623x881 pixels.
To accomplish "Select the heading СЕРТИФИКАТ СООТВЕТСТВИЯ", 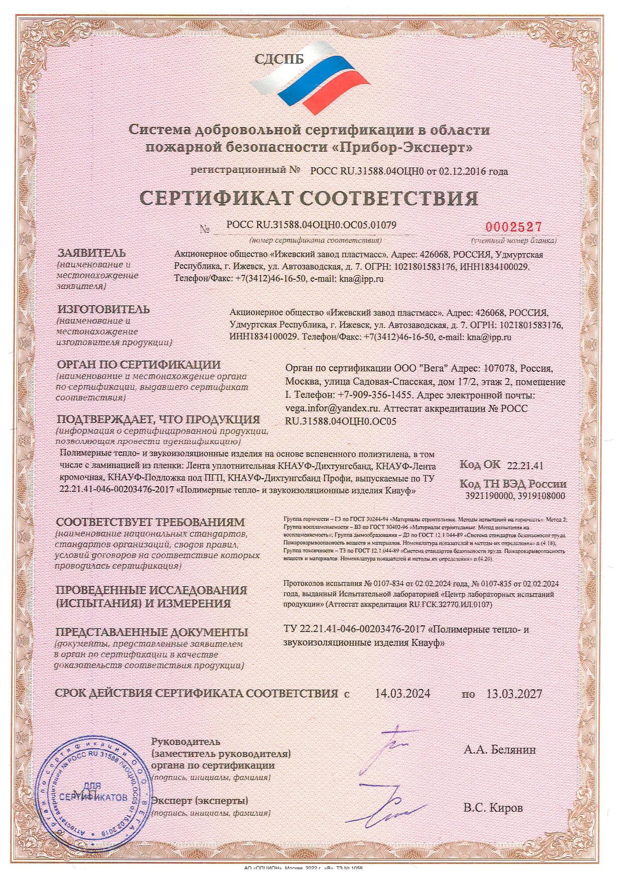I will (x=308, y=198).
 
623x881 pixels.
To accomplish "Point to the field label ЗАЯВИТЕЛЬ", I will (x=91, y=253).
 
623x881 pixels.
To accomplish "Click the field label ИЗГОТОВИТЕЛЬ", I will (x=103, y=309).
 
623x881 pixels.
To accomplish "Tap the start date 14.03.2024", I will (x=402, y=694).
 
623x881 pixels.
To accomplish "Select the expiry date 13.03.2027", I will (x=514, y=694).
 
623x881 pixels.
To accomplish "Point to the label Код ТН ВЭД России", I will (x=513, y=484).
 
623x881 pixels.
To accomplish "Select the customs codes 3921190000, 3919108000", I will (x=516, y=496).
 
